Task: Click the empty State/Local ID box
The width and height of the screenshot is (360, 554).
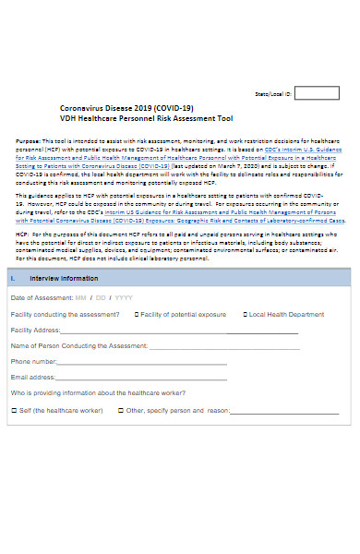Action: [x=317, y=93]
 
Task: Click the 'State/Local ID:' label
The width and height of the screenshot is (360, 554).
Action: [x=272, y=94]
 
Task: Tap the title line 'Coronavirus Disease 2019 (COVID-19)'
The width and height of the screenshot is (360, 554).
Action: [x=126, y=107]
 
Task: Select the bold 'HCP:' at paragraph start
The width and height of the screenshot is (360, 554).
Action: [x=22, y=235]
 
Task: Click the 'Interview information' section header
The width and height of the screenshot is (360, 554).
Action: [x=64, y=278]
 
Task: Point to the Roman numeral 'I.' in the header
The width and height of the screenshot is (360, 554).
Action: [x=12, y=278]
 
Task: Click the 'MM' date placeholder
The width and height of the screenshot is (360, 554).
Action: [x=80, y=298]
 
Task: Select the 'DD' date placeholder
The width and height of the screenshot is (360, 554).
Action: [x=101, y=298]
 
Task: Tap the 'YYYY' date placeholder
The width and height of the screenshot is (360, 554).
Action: [x=123, y=298]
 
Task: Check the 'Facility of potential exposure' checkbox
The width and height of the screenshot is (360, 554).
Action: [x=137, y=314]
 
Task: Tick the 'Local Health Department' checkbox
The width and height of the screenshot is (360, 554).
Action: [x=245, y=314]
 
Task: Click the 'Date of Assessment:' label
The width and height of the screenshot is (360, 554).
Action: [x=41, y=298]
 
